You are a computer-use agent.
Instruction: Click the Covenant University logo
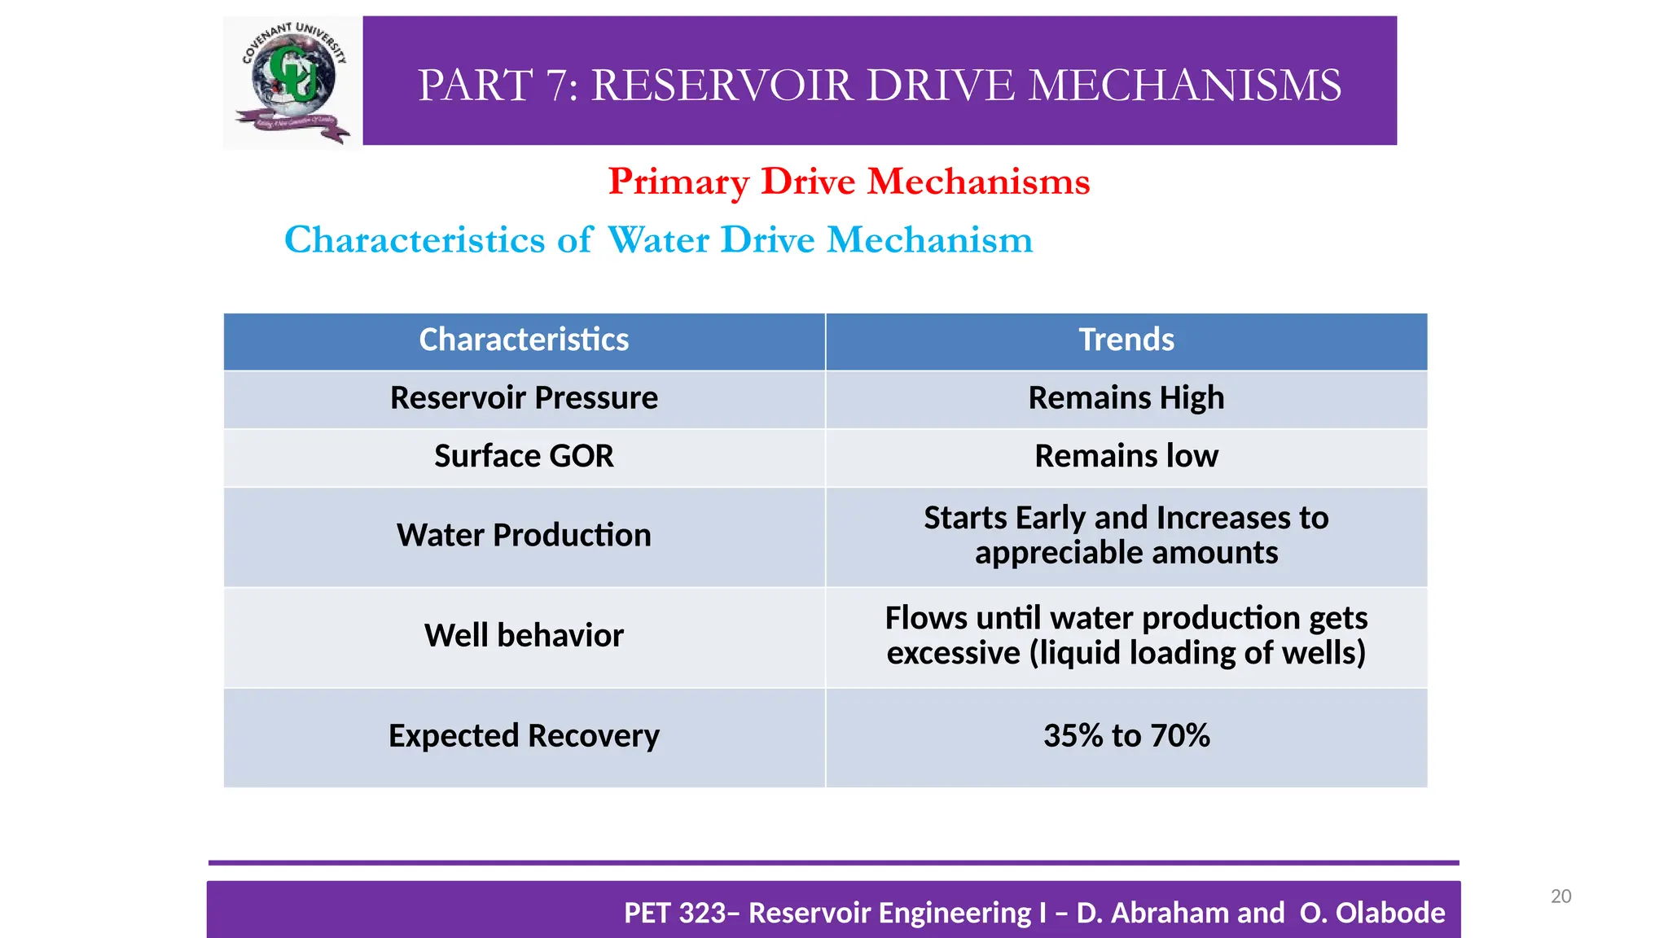click(292, 81)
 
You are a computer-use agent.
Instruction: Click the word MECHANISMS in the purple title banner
click(1184, 85)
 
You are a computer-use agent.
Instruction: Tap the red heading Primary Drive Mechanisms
click(849, 182)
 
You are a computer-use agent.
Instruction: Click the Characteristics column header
click(524, 340)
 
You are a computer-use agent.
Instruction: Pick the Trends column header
click(1126, 340)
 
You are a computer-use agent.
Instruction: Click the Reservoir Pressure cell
click(524, 398)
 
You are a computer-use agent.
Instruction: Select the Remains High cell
click(1126, 398)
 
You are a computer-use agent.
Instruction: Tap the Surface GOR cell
click(524, 456)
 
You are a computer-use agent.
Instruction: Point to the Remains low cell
click(1126, 456)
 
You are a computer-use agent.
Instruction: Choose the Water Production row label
click(524, 536)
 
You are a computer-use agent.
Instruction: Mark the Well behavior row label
click(524, 636)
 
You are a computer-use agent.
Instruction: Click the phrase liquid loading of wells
click(1197, 654)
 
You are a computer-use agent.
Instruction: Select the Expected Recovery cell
click(524, 736)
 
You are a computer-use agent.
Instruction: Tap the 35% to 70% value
click(1126, 736)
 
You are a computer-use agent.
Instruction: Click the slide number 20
click(1560, 896)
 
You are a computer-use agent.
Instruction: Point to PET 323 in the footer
click(675, 914)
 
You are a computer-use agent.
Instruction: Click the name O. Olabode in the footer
click(1372, 914)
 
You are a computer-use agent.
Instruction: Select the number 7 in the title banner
click(560, 85)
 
